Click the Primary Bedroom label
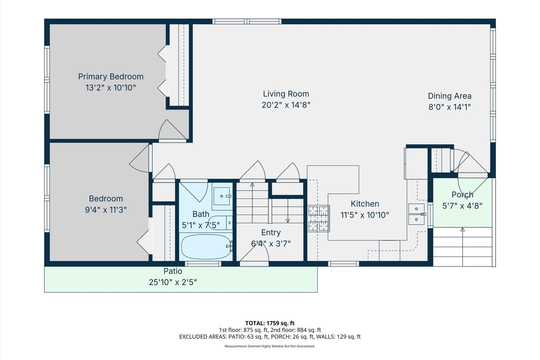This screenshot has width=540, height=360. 111,76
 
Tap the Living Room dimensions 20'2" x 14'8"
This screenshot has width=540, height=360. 286,105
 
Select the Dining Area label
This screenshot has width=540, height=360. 450,96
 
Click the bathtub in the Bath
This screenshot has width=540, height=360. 206,247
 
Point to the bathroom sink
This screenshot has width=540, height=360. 222,196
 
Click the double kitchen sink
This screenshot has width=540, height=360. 417,214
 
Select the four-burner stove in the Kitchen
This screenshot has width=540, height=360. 318,218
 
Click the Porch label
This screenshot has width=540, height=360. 462,194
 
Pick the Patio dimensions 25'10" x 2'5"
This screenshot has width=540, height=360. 173,282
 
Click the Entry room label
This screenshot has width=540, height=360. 271,232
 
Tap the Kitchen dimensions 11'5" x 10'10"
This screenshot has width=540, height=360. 365,215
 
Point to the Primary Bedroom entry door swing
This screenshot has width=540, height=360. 172,129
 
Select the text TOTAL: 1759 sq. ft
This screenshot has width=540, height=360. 270,323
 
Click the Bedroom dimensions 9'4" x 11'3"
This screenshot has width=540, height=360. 106,210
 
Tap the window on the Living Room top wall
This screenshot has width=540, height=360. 247,21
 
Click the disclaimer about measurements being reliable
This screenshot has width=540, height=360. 270,346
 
